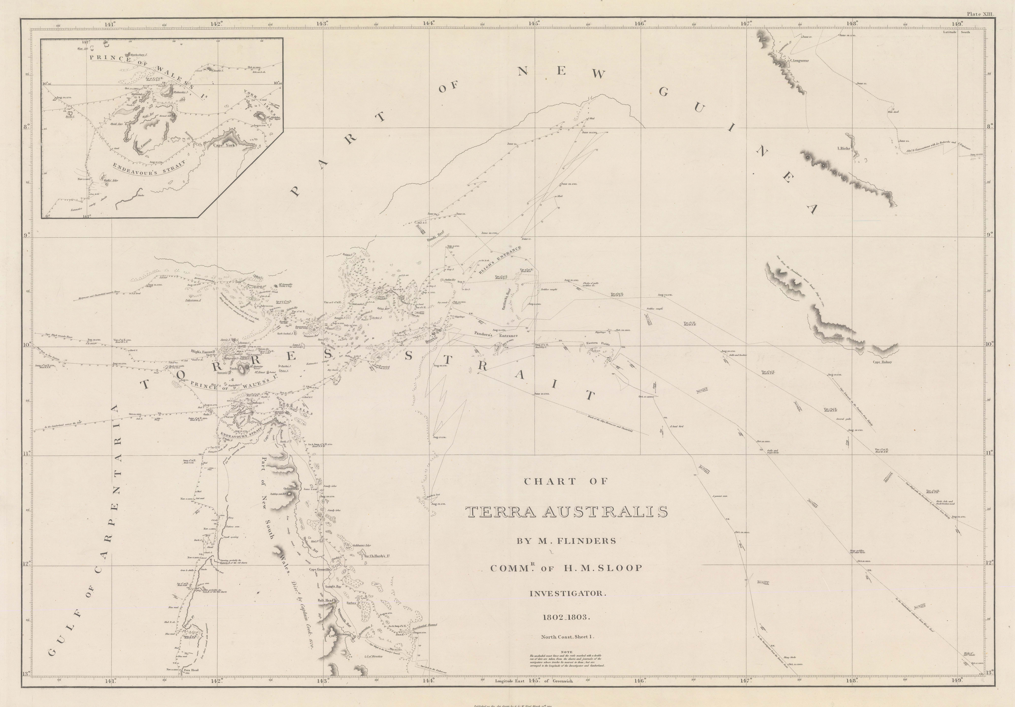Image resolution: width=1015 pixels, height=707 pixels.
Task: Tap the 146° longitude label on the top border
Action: point(640,23)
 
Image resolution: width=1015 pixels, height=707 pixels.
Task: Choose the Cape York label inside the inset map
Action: point(225,145)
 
